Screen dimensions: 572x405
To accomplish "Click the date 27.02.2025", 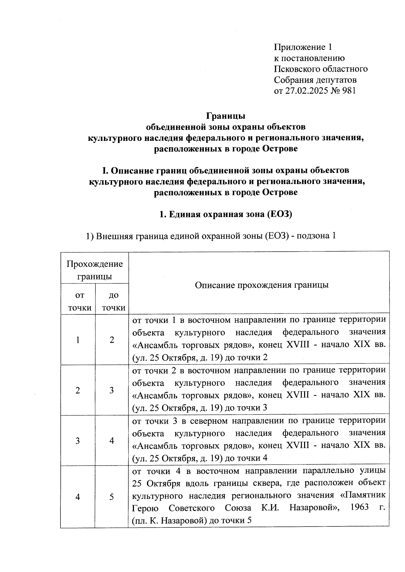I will [308, 91].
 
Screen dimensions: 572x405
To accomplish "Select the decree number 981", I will [349, 91].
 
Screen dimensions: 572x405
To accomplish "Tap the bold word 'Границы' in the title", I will [226, 116].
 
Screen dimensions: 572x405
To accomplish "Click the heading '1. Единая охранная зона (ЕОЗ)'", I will [225, 214].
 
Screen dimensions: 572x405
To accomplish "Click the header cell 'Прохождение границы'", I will [94, 270].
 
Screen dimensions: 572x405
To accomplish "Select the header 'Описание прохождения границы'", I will [262, 285].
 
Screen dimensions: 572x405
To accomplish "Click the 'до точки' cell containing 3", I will [112, 390].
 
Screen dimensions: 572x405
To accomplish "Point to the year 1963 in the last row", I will [359, 507].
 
